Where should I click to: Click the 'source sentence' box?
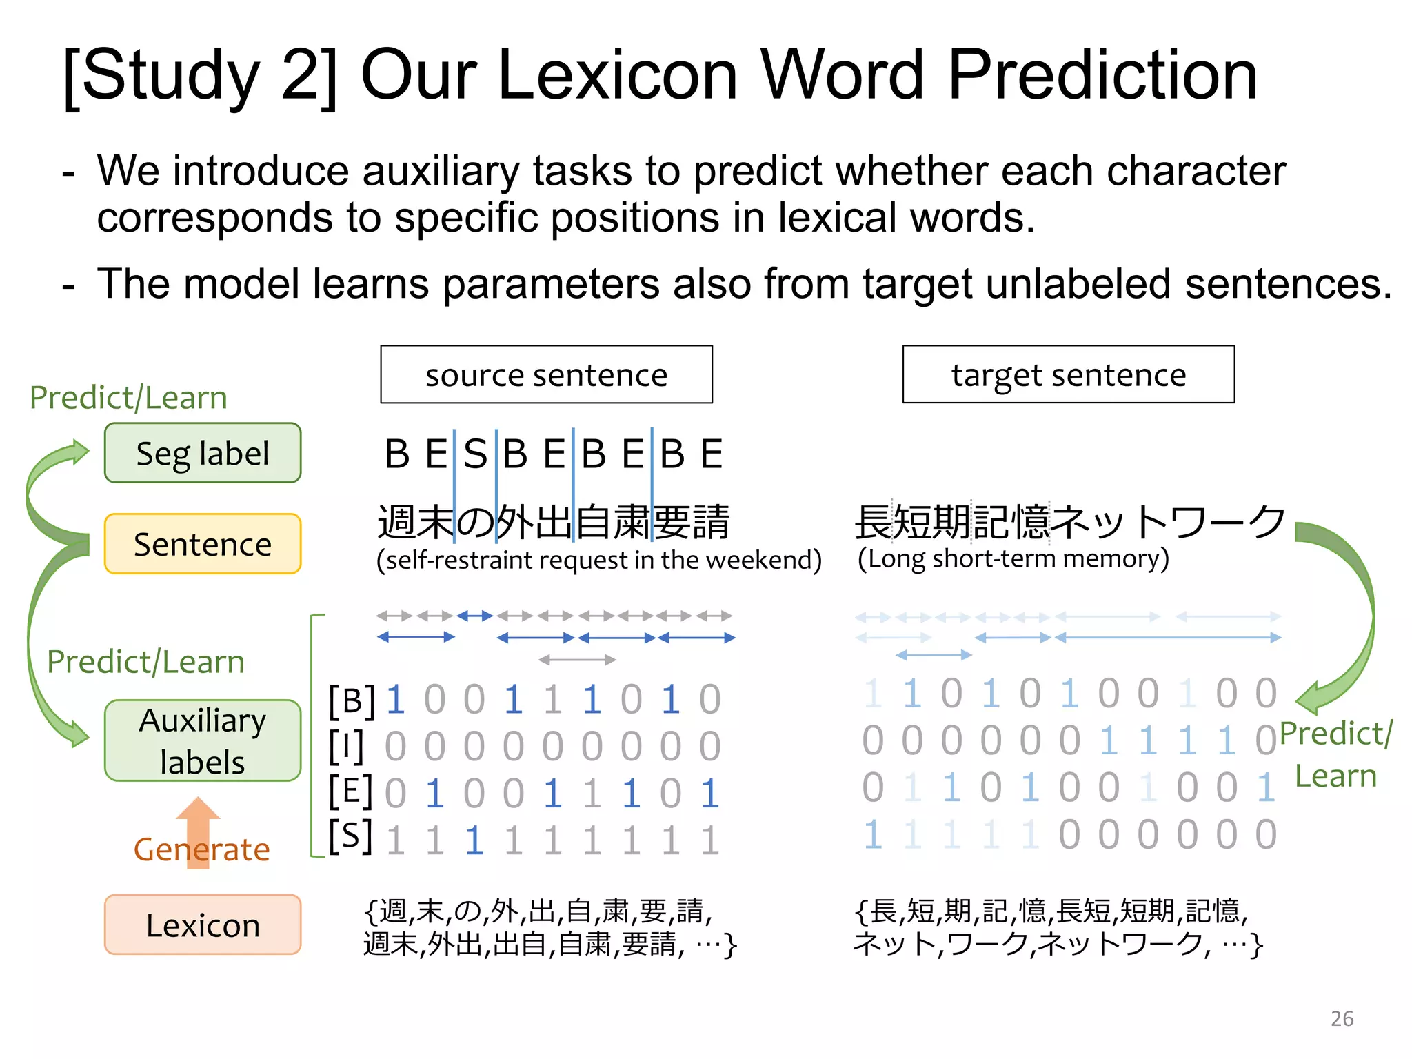coord(546,374)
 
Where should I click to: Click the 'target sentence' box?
coord(1068,374)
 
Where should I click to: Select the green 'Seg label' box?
coord(203,453)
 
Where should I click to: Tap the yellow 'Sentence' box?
coord(203,544)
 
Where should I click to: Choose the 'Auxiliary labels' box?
coord(203,740)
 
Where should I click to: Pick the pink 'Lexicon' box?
coord(203,925)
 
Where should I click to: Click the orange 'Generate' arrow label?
coord(201,849)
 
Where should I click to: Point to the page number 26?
coord(1342,1018)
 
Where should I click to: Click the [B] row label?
coord(352,700)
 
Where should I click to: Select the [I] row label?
coord(347,746)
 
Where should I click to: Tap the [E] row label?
coord(350,791)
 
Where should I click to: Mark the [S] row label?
coord(350,837)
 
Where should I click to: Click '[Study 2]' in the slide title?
coord(200,76)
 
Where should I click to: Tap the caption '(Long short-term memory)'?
coord(1013,558)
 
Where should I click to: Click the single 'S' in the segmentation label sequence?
coord(475,454)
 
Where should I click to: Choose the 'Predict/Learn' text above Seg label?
coord(128,398)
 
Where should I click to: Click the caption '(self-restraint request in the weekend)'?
coord(598,560)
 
